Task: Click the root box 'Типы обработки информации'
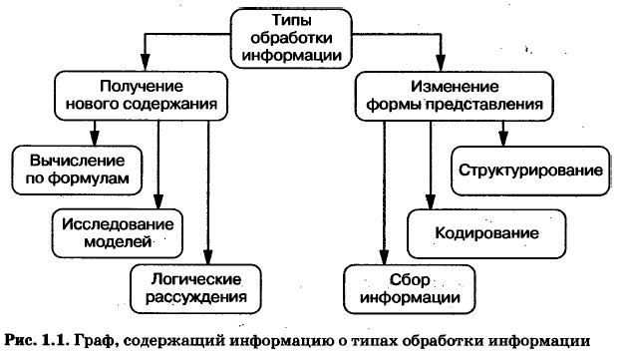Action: coord(291,39)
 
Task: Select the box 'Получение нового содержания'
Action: coord(142,96)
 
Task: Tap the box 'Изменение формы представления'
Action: coord(455,96)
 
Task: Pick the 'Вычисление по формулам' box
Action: coord(77,171)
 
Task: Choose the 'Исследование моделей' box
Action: coord(118,233)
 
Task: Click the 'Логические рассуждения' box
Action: coord(196,289)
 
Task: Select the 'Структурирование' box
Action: coord(530,171)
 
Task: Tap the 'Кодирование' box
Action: coord(486,233)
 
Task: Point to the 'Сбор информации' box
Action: coord(410,289)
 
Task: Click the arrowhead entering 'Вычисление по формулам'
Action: coord(94,139)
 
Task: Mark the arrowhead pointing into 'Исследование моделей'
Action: coord(158,201)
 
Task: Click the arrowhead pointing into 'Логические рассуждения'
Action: coord(208,257)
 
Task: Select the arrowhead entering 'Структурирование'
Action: coord(503,139)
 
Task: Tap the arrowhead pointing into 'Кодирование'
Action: coord(431,201)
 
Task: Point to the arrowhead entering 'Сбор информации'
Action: coord(384,257)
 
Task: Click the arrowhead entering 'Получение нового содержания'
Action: coord(145,64)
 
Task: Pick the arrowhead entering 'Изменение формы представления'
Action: coord(441,64)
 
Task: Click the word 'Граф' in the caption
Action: coord(97,342)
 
